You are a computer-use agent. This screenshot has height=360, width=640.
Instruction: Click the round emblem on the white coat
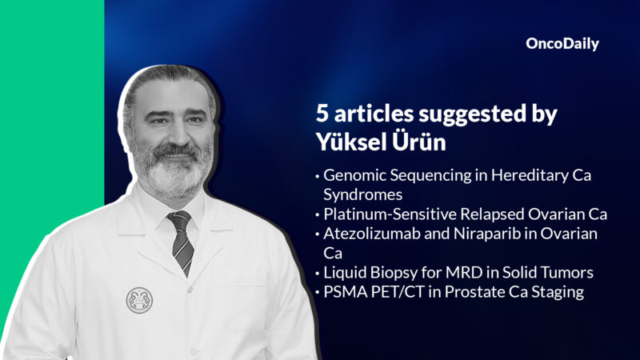[x=139, y=300]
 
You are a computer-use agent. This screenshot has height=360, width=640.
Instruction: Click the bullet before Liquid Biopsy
[x=318, y=274]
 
